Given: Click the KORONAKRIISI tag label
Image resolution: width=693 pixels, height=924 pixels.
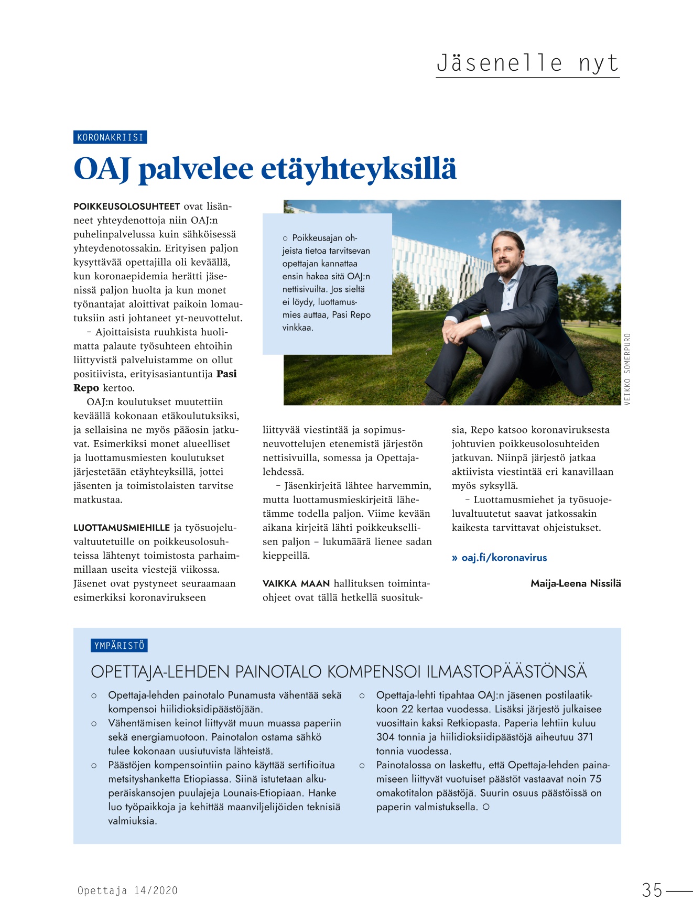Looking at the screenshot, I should pos(110,137).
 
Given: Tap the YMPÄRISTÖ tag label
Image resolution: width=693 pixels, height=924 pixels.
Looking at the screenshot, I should pos(119,646).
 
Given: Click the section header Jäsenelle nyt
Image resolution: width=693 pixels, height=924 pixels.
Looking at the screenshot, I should pos(527,63).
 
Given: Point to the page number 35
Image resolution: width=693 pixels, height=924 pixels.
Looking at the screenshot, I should pos(652,890).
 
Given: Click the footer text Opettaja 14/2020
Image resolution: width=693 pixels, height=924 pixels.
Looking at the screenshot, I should pos(127,890).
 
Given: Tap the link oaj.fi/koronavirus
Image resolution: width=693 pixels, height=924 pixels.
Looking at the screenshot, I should pos(504,558).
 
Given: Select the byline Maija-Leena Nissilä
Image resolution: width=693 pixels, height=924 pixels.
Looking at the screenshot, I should pos(576,583).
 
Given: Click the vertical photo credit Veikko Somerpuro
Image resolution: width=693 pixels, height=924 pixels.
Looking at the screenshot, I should pos(627,368).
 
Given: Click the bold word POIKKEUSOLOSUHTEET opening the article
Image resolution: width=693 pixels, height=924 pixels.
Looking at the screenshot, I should pos(127,206).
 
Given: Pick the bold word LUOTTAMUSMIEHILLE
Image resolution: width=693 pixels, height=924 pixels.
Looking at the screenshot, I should pos(122,528).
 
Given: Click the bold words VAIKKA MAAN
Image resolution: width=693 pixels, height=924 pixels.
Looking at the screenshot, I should pos(296,583).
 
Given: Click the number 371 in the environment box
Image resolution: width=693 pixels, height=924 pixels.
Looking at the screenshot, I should pos(585,737).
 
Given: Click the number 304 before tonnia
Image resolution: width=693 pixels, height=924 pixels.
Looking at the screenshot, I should pos(385,737).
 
